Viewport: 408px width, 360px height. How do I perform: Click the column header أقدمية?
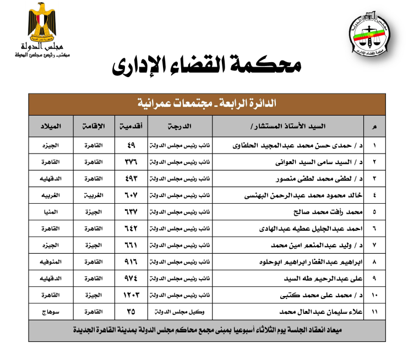coord(132,127)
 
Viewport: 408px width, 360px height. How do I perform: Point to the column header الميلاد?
coord(51,127)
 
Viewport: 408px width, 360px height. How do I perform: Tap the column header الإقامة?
coord(93,127)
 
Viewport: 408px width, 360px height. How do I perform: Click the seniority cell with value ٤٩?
coord(131,146)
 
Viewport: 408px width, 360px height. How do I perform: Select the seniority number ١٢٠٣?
coord(131,296)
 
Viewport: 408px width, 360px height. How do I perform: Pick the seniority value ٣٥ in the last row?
coord(131,312)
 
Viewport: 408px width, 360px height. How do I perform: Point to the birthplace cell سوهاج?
coord(51,312)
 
